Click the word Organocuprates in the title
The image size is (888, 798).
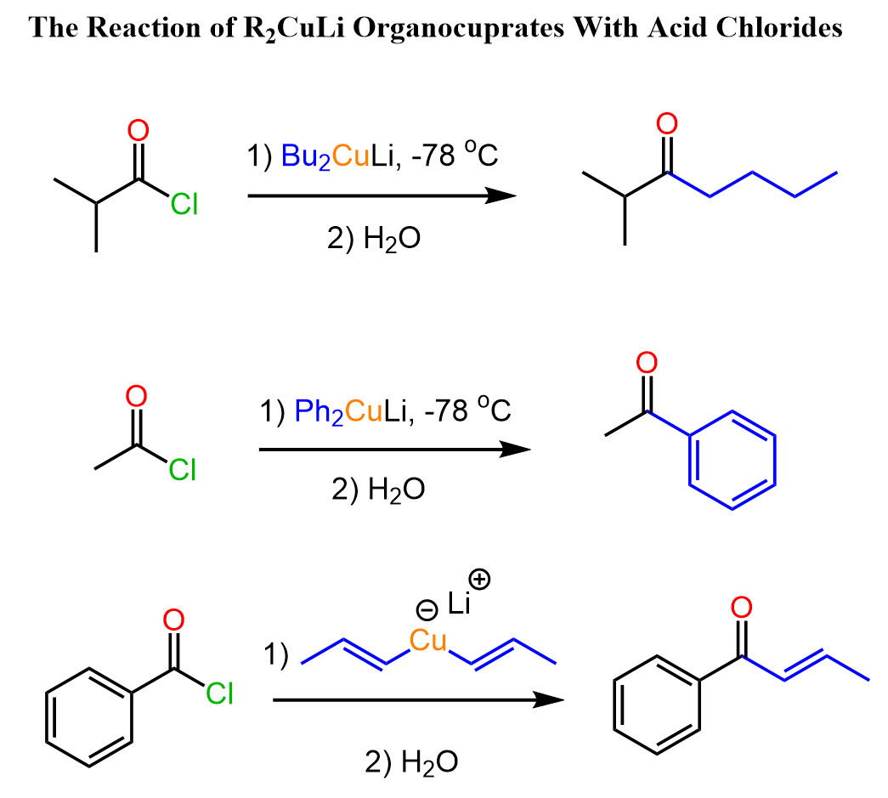[x=458, y=28]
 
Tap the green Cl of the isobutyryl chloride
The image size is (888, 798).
[x=184, y=204]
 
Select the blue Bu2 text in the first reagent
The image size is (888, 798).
[x=306, y=156]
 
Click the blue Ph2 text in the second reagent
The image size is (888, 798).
[x=319, y=411]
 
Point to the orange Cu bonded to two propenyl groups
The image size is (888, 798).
[x=428, y=641]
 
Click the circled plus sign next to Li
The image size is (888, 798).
[x=479, y=580]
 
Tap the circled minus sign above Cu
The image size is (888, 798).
[x=427, y=610]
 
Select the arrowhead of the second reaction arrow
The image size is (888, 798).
[x=515, y=450]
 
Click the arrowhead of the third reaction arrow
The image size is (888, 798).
[x=548, y=700]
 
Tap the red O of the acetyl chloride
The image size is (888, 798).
[x=137, y=396]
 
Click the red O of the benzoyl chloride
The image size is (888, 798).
[x=174, y=620]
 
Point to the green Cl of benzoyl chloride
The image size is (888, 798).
[x=219, y=693]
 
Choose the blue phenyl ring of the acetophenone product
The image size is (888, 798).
[x=732, y=460]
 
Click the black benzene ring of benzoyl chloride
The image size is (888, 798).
[x=89, y=717]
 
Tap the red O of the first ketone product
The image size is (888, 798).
[x=667, y=123]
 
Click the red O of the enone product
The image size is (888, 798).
[x=742, y=607]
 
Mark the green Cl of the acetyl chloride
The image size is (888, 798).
[x=183, y=470]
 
